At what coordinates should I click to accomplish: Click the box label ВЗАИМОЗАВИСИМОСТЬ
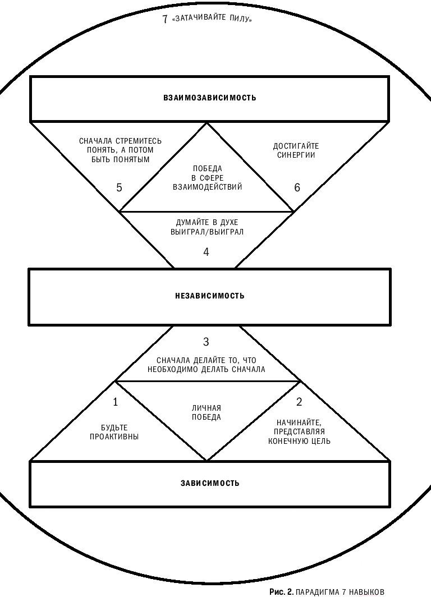coord(210,98)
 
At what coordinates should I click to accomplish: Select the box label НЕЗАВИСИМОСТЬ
coord(210,296)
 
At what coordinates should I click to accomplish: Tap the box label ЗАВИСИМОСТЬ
coord(210,483)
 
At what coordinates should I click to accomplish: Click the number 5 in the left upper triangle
coord(119,187)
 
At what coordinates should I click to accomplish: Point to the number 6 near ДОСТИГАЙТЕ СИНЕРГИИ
coord(297,187)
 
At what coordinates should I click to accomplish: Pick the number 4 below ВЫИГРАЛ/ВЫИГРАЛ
coord(206,252)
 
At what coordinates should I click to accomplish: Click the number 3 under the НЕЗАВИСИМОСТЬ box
coord(206,342)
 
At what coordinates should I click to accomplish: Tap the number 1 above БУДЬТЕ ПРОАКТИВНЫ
coord(116,402)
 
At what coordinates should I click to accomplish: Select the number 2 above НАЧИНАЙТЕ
coord(299,402)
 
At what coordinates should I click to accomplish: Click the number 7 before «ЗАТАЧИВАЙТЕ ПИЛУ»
coord(165,19)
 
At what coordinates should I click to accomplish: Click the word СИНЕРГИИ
coord(296,155)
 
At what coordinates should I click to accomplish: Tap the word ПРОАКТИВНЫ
coord(114,437)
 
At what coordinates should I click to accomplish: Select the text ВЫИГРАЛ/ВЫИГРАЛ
coord(207,232)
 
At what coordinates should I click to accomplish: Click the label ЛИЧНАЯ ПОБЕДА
coord(207,412)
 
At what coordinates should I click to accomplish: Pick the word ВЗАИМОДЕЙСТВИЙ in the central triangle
coord(208,187)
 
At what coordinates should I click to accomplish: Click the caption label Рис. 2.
coord(281,591)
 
